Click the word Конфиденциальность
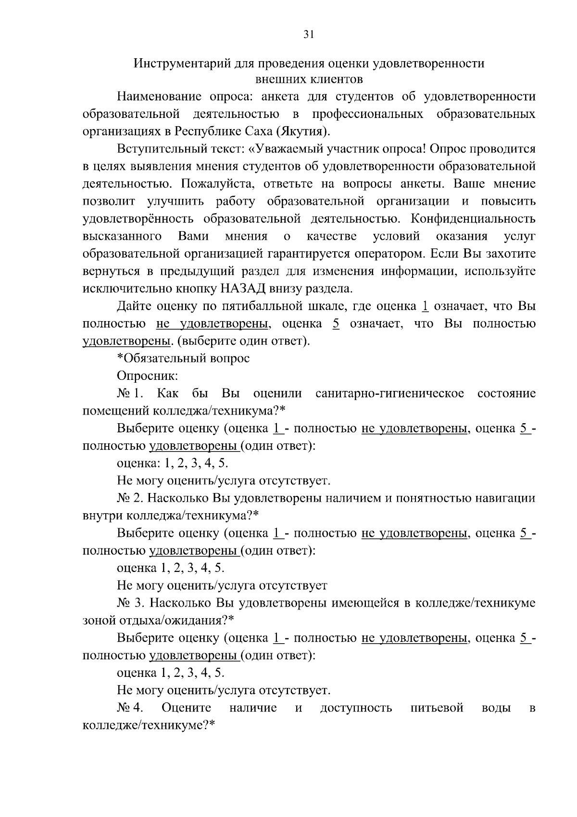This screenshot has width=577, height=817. coord(473,219)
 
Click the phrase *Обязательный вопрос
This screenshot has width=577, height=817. coord(183,359)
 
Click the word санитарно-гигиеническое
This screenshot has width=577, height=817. coord(389,393)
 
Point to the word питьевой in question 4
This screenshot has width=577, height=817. coord(437,708)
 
